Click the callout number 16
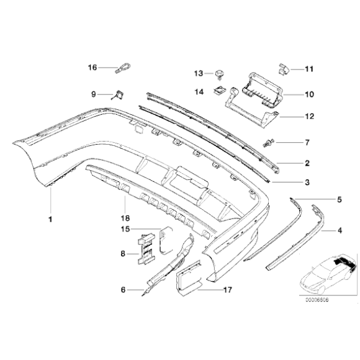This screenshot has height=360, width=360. point(92,68)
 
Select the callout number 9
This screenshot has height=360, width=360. point(94,94)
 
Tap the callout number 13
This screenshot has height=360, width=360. point(198,74)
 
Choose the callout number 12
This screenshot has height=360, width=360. point(308,116)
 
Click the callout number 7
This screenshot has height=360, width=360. point(305,143)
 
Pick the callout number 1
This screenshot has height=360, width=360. point(51,218)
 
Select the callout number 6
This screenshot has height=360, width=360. point(123,289)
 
